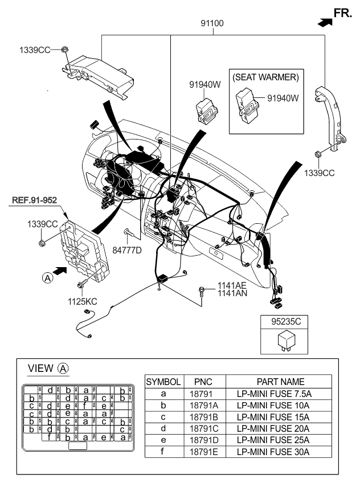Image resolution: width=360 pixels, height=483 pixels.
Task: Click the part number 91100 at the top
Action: click(x=211, y=24)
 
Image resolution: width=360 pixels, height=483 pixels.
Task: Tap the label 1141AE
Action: click(x=231, y=285)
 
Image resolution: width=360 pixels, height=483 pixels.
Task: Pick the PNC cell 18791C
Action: click(x=203, y=428)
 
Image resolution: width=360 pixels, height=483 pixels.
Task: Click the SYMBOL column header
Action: click(x=163, y=382)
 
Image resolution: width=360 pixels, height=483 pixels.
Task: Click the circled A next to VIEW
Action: click(x=63, y=369)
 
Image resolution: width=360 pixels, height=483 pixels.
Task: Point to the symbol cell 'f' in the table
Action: click(x=163, y=452)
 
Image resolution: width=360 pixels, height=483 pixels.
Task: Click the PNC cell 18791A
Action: click(x=203, y=406)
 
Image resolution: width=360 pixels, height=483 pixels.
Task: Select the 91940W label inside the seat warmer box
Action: click(x=283, y=98)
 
